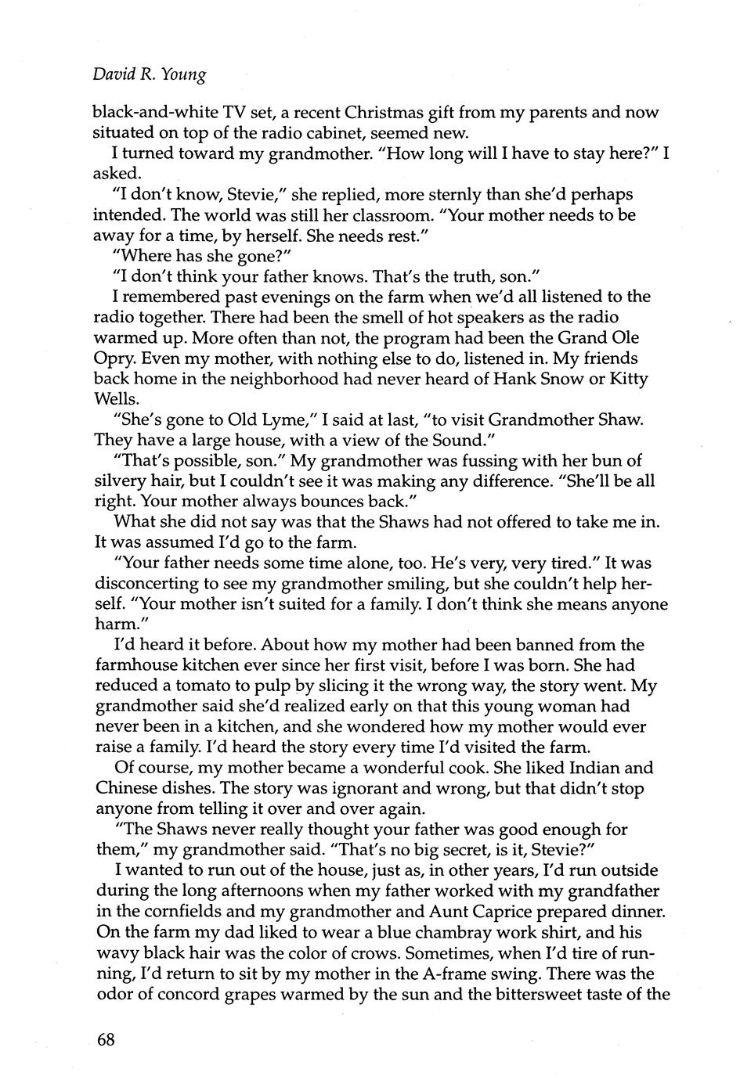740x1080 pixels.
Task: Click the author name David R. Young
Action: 150,74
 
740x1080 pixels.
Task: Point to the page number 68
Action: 106,1040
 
